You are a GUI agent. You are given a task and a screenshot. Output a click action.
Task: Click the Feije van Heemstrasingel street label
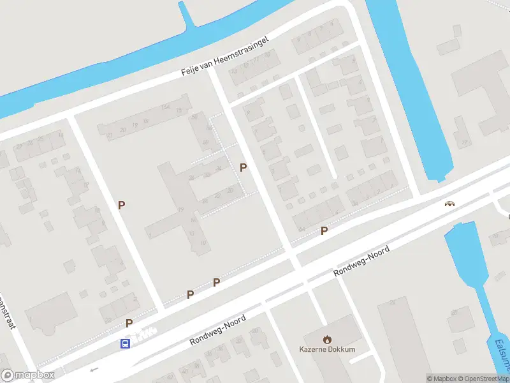click(x=225, y=57)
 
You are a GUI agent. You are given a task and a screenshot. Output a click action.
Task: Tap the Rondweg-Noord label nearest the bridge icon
click(x=361, y=262)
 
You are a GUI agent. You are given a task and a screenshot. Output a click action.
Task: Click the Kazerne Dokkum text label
click(x=327, y=349)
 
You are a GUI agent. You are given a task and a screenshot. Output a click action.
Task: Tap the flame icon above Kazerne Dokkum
click(x=327, y=339)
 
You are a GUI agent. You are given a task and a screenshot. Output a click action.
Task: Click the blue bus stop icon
click(x=126, y=343)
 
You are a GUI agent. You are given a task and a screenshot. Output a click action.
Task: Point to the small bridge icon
click(x=451, y=204)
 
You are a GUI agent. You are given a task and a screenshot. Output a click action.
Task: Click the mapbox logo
click(x=28, y=375)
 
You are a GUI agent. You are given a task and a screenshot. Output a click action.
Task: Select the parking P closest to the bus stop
click(x=129, y=324)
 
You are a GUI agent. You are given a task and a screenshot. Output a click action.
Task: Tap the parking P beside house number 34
click(x=243, y=167)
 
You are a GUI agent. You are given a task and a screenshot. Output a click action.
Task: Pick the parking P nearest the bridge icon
click(x=324, y=231)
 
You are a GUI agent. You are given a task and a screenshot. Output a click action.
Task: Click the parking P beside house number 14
click(x=121, y=205)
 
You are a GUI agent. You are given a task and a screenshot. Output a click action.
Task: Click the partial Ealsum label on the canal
click(x=501, y=355)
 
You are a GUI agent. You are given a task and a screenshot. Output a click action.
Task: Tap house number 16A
click(x=165, y=107)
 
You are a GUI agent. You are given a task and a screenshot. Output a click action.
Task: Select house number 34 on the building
click(x=219, y=169)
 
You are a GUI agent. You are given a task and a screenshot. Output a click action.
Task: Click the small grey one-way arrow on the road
click(x=94, y=369)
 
